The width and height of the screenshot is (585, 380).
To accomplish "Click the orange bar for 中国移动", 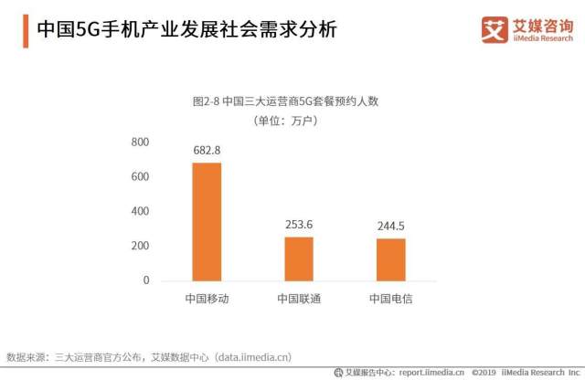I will tap(207, 221).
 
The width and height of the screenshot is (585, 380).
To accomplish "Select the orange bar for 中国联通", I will tap(299, 259).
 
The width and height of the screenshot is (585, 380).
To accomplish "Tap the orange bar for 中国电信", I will tap(390, 259).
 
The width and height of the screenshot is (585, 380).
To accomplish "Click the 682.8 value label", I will tap(207, 150).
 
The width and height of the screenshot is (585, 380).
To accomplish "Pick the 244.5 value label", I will tap(390, 226).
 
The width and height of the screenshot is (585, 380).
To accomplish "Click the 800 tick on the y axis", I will tap(140, 142).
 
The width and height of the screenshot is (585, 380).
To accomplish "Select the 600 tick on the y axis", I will tap(140, 177).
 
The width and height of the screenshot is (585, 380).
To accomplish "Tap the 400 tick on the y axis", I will tap(140, 212).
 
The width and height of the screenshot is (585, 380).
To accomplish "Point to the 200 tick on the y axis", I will tap(140, 247).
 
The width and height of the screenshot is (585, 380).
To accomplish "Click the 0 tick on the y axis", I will tap(145, 281).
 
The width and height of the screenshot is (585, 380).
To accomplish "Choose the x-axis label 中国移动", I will tap(207, 300).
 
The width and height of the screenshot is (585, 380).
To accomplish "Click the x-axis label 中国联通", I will tap(299, 300).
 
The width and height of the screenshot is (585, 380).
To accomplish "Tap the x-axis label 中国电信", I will tap(390, 300).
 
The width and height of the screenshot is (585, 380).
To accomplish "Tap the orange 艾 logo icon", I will tap(495, 30).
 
